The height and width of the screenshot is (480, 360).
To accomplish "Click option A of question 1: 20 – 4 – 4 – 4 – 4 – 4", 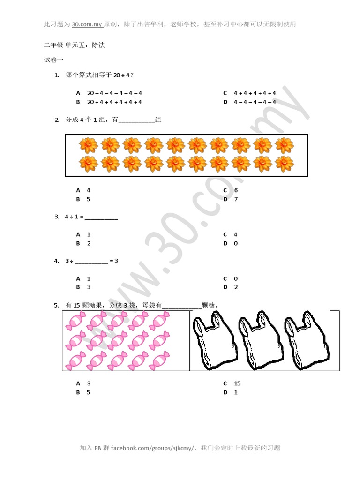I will tap(114, 93).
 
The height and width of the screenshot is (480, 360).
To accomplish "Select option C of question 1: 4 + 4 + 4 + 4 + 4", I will tap(255, 93).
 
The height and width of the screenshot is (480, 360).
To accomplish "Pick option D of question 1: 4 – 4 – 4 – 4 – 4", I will tap(255, 102).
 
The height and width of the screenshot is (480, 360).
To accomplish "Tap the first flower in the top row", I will tap(88, 146).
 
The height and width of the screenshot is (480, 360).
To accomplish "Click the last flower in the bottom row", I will tap(285, 164).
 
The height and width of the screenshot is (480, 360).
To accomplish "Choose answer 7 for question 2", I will tap(236, 199).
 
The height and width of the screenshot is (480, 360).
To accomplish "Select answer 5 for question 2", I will tap(88, 199).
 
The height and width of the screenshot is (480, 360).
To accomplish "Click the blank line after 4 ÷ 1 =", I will tap(101, 217).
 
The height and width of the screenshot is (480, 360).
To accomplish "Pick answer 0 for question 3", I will tap(236, 243).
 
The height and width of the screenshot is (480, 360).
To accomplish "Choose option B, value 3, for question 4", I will tap(89, 287).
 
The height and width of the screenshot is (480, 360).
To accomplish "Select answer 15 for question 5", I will tap(237, 383).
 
